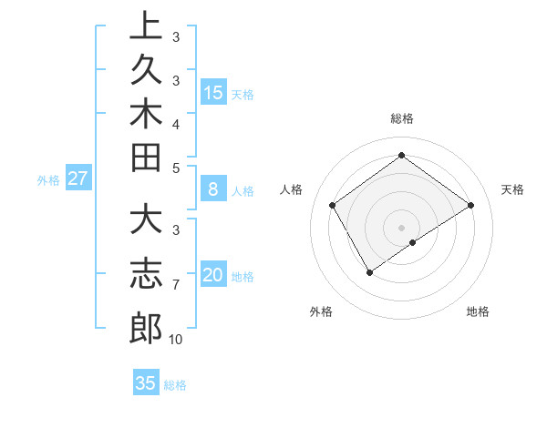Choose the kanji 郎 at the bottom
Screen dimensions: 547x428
(x=145, y=327)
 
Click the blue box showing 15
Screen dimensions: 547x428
(x=213, y=92)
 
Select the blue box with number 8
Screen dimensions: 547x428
(x=213, y=189)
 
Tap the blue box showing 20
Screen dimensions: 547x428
(x=213, y=275)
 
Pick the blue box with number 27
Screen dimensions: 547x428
(x=78, y=178)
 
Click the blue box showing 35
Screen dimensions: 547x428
(x=146, y=383)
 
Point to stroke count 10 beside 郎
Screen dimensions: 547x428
(x=175, y=340)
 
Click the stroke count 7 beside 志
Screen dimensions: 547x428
(x=175, y=285)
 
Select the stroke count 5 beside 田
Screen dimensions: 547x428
(x=175, y=167)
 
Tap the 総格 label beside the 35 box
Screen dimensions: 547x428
(x=175, y=385)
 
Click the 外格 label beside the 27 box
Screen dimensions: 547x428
(x=48, y=180)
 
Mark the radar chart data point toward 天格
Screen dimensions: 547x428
(x=470, y=205)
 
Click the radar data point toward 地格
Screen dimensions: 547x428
(x=413, y=242)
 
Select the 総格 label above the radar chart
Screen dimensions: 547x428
(x=402, y=118)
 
